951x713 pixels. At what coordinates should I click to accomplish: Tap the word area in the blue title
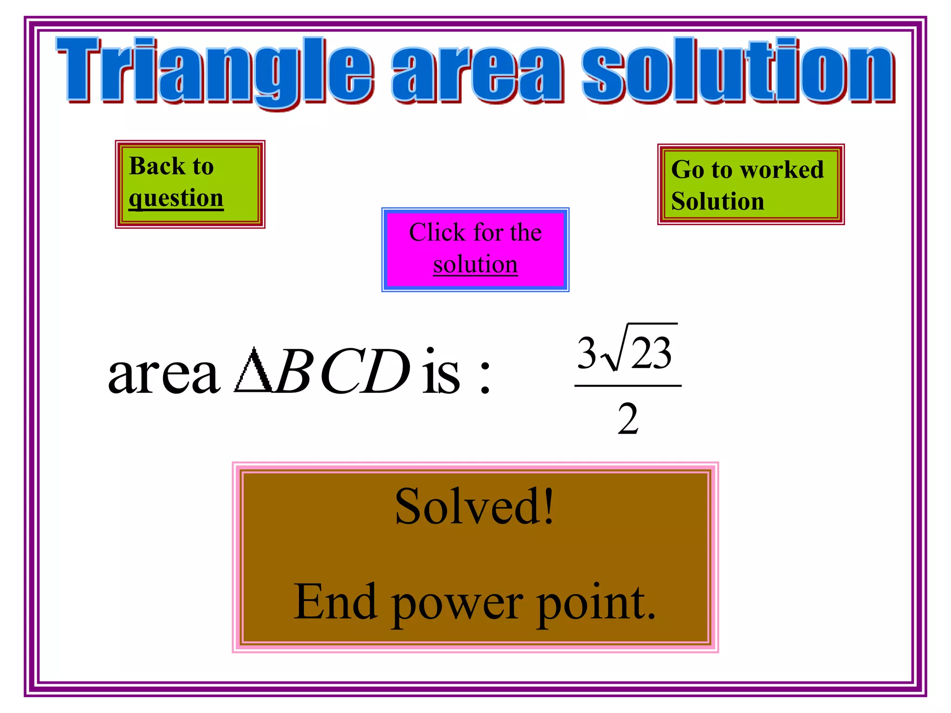[478, 74]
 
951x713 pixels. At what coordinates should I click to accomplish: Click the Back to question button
[190, 184]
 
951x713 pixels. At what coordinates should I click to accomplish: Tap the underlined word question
[176, 199]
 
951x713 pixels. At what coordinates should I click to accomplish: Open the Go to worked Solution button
[750, 184]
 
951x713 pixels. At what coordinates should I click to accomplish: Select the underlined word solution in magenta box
[475, 265]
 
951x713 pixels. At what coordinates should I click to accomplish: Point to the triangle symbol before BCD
[253, 371]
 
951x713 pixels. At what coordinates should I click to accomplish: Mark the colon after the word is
[485, 376]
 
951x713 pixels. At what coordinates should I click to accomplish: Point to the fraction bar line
[628, 385]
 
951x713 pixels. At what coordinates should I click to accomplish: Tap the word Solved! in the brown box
[475, 507]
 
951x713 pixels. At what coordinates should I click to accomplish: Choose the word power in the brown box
[457, 603]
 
